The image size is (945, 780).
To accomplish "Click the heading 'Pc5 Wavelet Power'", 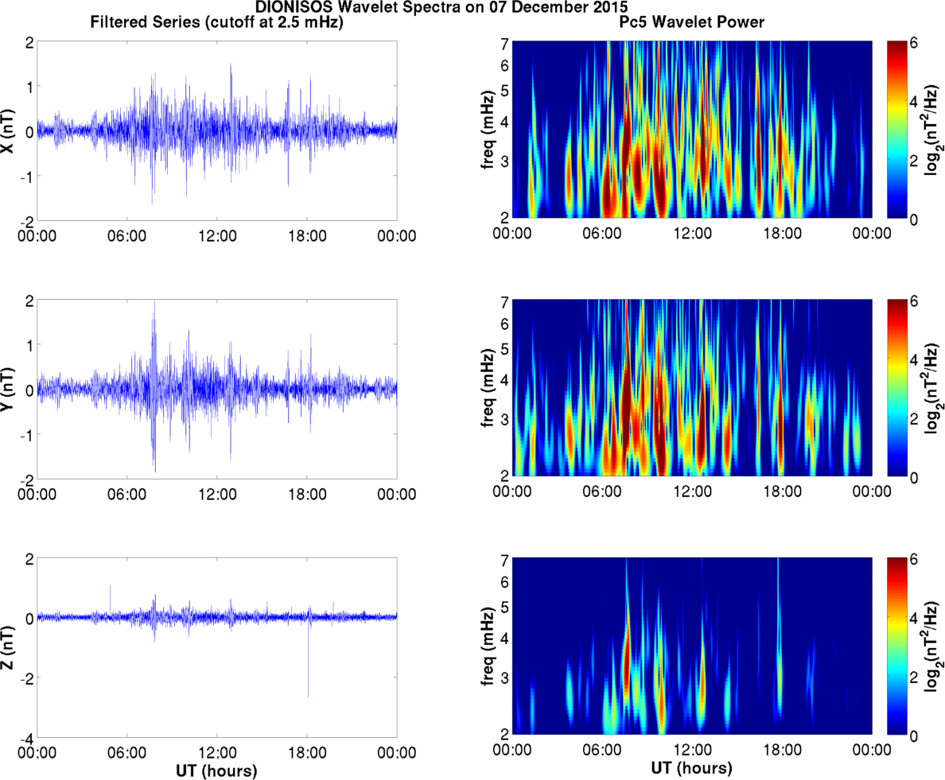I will pyautogui.click(x=692, y=24).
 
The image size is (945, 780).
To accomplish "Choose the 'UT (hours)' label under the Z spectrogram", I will pyautogui.click(x=692, y=770).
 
